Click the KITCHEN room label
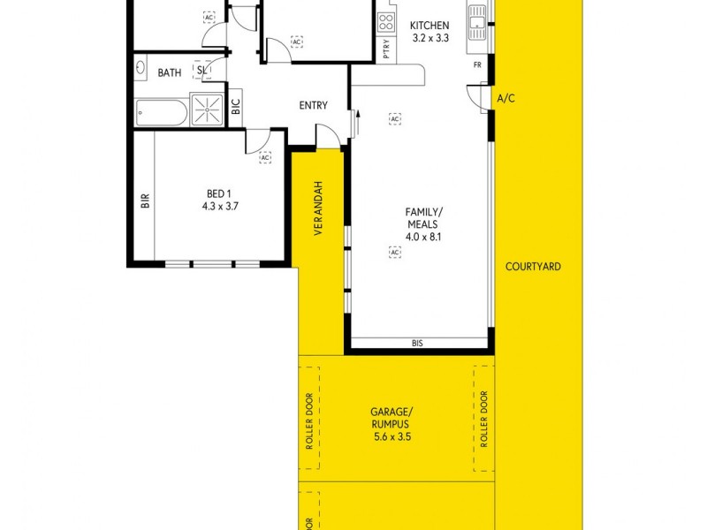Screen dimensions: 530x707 point(430,26)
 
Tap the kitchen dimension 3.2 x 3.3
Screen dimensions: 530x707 point(430,38)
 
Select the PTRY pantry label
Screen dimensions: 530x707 point(386,51)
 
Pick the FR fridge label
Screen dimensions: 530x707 point(477,65)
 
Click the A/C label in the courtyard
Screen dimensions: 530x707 point(506,99)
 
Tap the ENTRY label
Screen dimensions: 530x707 point(313,106)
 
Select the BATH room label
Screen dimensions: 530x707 point(170,72)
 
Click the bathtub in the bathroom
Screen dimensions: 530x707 point(162,111)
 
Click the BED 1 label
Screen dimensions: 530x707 point(220,193)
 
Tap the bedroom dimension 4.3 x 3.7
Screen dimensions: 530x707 point(220,206)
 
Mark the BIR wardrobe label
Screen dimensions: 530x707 point(144,201)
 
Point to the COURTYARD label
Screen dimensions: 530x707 point(533,266)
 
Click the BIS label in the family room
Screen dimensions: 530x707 point(419,343)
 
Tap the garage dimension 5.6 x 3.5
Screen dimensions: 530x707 point(392,436)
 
